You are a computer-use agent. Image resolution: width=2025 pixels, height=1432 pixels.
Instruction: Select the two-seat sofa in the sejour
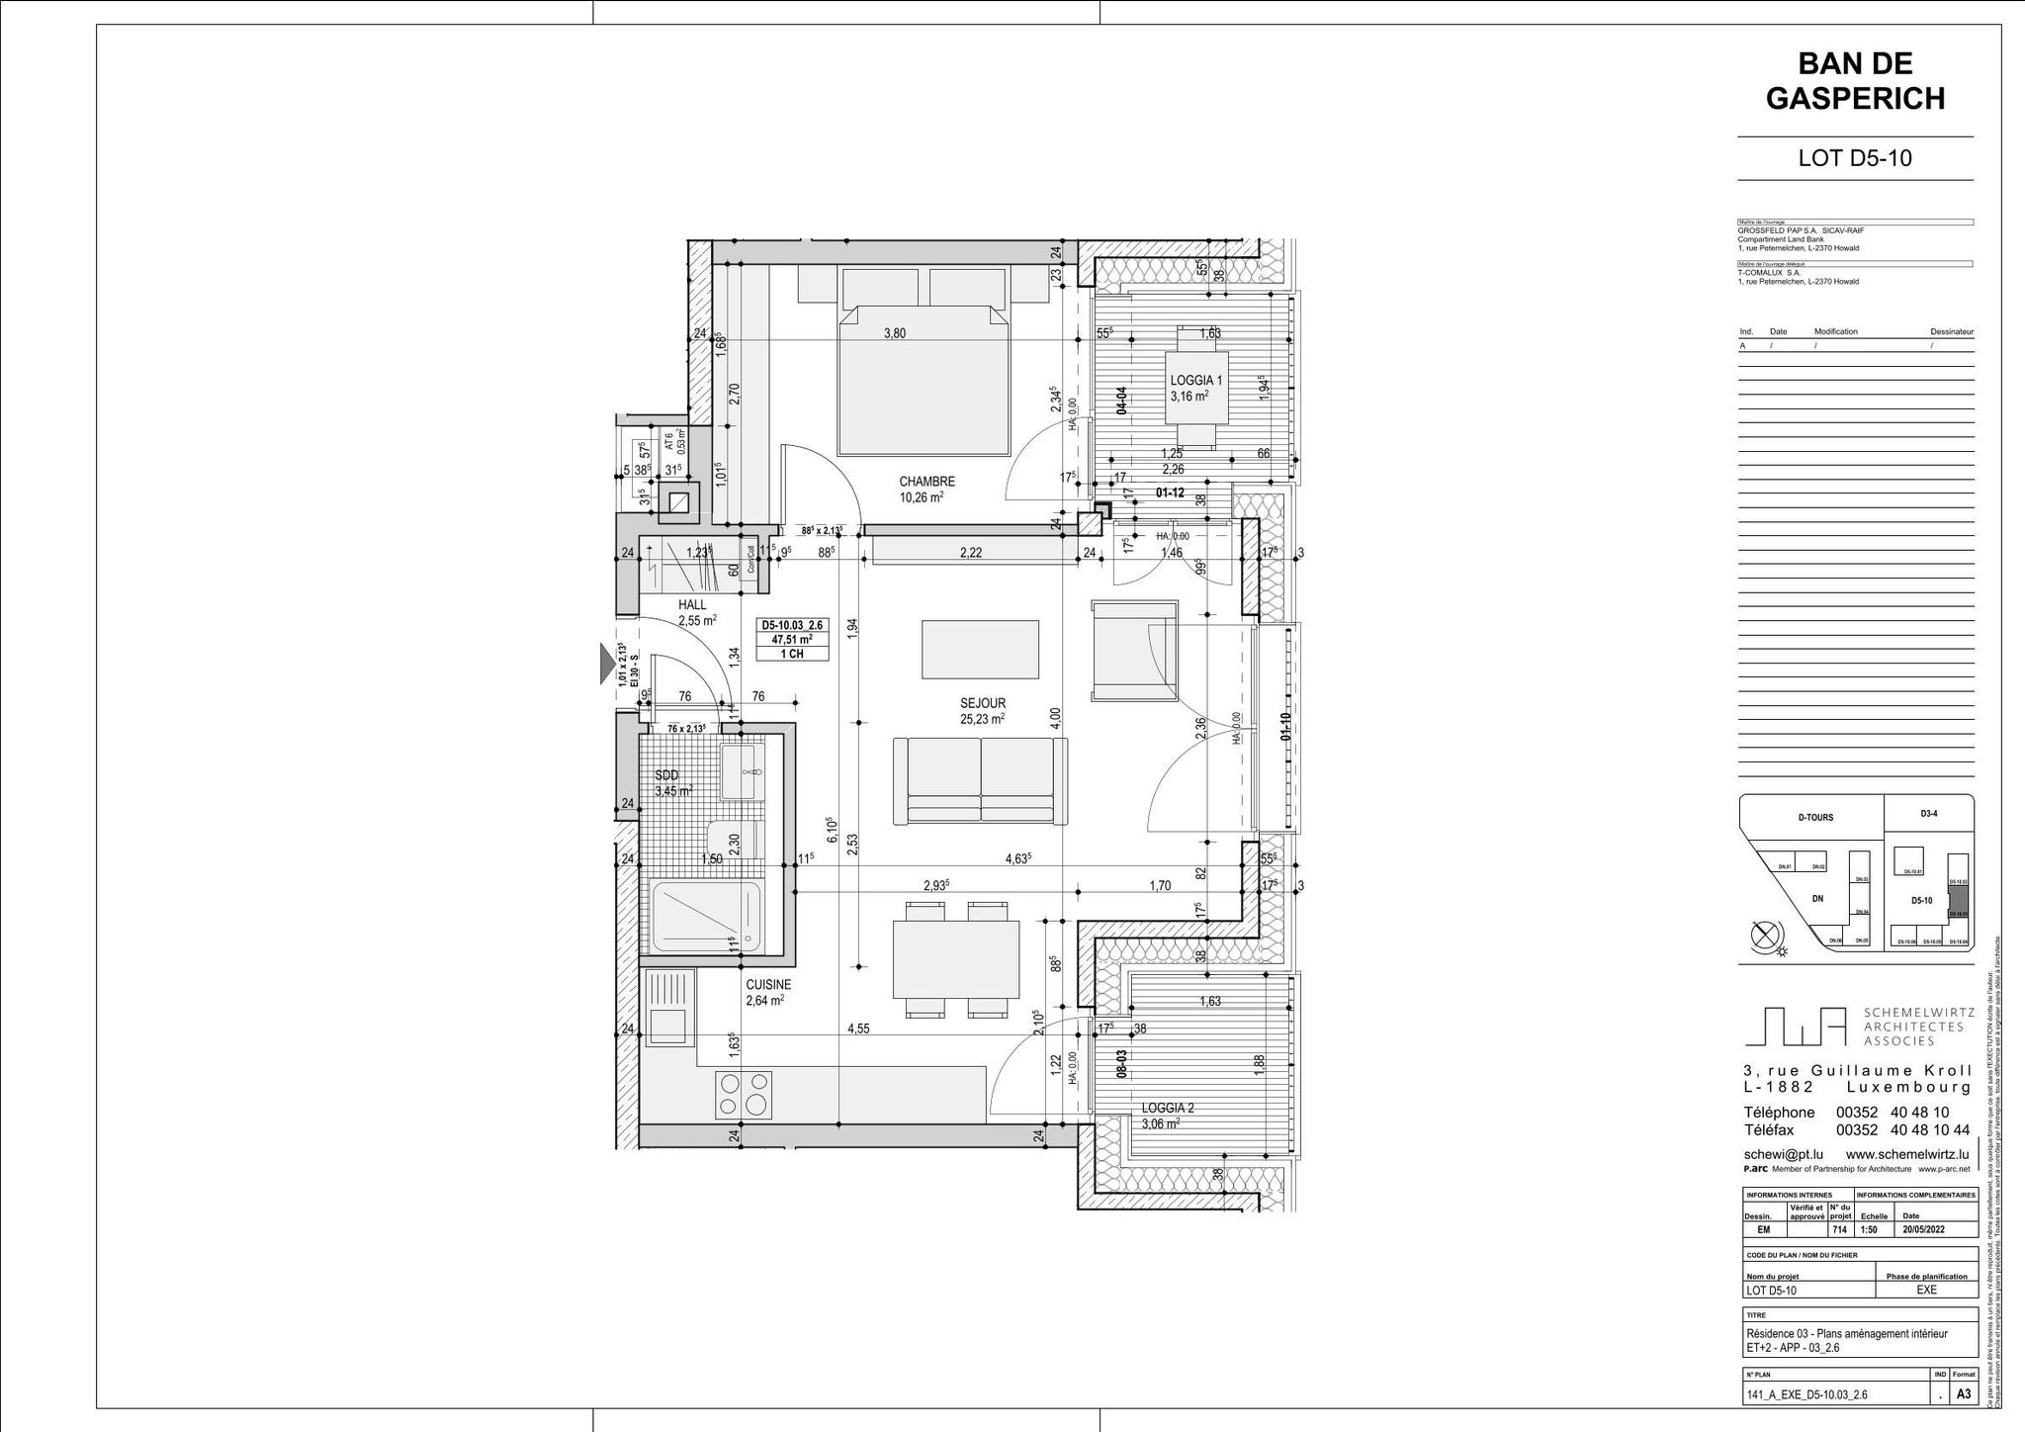980,781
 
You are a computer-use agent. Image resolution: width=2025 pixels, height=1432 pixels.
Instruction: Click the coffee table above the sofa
980,649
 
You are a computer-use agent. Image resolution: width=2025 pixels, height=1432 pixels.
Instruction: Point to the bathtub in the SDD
707,916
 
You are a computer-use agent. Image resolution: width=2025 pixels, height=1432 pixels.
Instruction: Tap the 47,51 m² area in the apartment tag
791,639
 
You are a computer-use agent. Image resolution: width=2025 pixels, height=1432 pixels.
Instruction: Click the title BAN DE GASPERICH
1855,81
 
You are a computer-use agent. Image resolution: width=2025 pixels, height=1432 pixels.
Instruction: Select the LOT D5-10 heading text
1855,158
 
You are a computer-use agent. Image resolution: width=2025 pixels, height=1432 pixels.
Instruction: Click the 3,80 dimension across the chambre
894,333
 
